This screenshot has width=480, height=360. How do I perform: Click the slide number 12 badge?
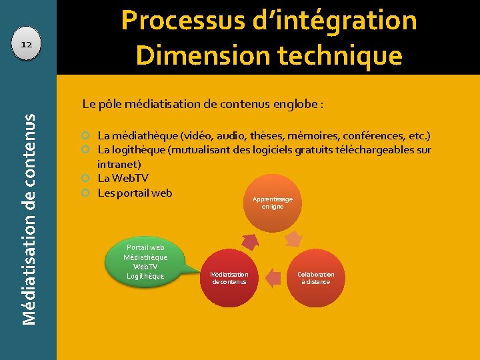pos(27,44)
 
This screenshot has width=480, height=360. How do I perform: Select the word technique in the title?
pos(339,56)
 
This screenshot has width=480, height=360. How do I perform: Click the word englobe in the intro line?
pos(296,104)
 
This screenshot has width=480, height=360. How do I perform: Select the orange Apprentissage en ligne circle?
pos(273,203)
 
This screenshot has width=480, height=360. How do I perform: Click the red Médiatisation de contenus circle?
pos(229,278)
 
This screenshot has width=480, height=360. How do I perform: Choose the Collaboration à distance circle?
pos(316,278)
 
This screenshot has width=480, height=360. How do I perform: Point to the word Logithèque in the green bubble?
pos(145,276)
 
